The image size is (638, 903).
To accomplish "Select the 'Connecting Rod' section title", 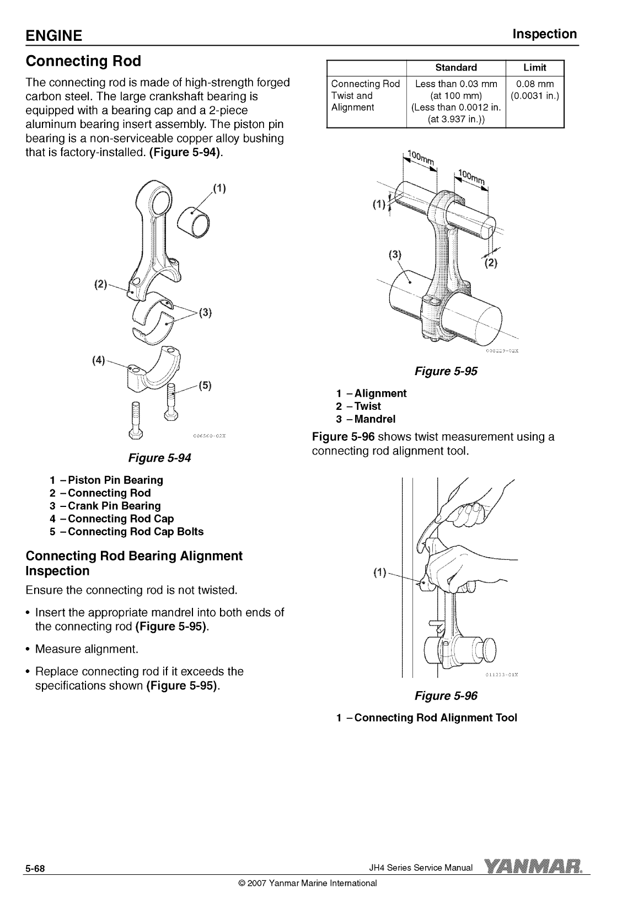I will click(x=83, y=61).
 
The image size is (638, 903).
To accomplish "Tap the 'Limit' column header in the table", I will click(x=534, y=68).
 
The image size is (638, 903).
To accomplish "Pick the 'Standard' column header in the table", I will click(x=455, y=68).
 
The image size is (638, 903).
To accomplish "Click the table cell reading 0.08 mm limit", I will click(x=534, y=84).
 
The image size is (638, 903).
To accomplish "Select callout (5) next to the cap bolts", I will click(x=205, y=385).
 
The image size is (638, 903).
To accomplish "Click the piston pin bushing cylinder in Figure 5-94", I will click(x=195, y=221).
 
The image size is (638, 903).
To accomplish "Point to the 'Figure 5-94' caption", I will click(x=159, y=458).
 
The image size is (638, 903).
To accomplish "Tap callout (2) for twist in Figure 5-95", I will click(x=490, y=263).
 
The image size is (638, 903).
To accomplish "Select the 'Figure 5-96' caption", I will click(x=446, y=696).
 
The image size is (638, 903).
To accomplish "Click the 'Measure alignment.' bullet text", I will click(x=87, y=649).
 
